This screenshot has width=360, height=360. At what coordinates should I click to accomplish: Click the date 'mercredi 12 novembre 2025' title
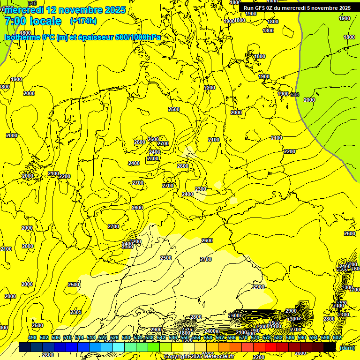coord(65,10)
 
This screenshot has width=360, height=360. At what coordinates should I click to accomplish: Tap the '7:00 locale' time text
coord(33,21)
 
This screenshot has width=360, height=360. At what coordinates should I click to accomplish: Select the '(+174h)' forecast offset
coord(83,21)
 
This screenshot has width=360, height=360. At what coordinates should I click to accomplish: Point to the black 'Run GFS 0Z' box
coord(297,7)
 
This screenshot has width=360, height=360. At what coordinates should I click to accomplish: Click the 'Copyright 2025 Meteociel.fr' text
coord(199,357)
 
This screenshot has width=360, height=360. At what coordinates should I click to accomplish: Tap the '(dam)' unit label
coord(347,347)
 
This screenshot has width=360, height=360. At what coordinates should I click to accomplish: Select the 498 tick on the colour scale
coord(32,338)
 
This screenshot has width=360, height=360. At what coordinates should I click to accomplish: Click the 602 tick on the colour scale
coord(337,338)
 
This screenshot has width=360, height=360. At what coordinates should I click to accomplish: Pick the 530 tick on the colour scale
coord(126,338)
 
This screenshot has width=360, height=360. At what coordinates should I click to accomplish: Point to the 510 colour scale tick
coord(67,338)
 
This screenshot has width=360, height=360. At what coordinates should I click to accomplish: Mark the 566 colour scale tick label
coord(231,338)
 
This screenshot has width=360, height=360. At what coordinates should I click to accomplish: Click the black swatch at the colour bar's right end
coord(330,347)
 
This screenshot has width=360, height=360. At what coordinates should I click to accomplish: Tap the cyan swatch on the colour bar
coord(119,347)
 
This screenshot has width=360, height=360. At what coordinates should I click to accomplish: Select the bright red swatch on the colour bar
coord(271,347)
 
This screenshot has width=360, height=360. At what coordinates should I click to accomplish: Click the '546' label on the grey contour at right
coord(295,95)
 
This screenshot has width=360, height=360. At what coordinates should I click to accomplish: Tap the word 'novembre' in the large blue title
coord(82,10)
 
